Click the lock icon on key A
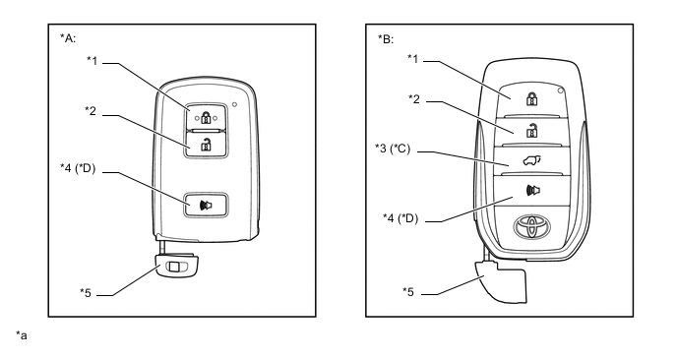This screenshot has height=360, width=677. tap(206, 117)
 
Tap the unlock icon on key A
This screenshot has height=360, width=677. tap(206, 145)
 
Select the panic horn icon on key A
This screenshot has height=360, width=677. tap(206, 206)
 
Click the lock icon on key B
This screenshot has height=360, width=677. tap(532, 98)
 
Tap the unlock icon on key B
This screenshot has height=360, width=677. tap(532, 130)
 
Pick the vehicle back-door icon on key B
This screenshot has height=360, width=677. tap(531, 161)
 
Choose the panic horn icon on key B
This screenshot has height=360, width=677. tap(533, 190)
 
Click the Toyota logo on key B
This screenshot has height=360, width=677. tap(532, 226)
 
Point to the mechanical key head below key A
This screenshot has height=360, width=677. tap(178, 266)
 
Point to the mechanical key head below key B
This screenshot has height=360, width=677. tap(503, 281)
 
